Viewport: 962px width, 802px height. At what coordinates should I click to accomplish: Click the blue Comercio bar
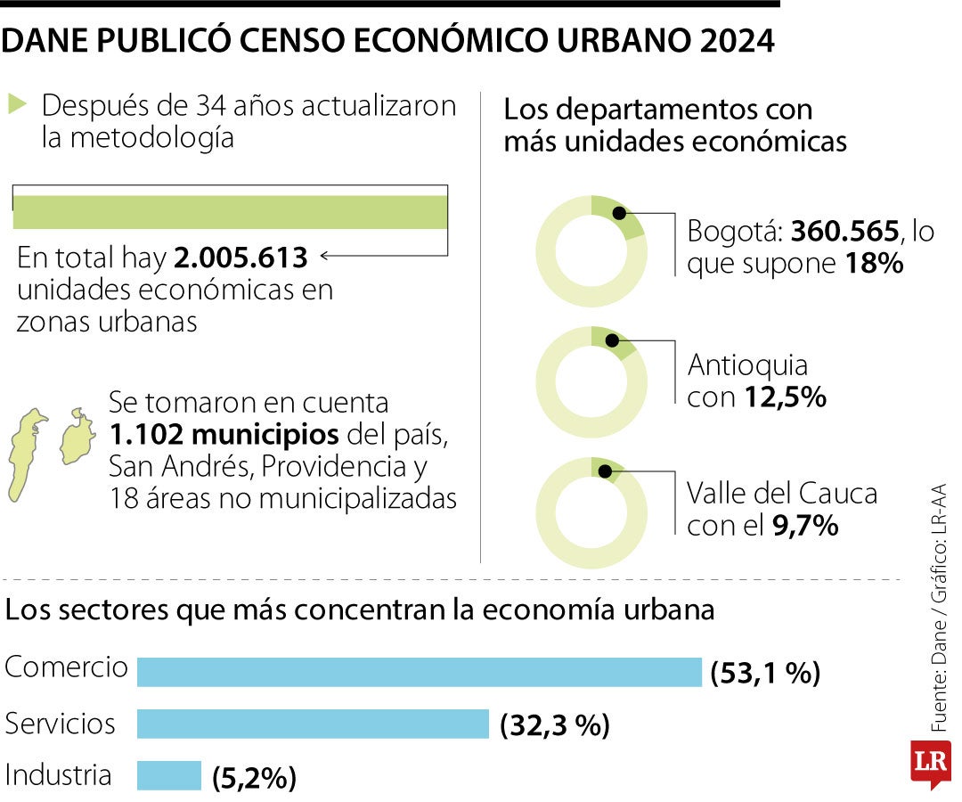click(419, 672)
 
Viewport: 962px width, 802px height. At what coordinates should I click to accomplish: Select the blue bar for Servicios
click(313, 724)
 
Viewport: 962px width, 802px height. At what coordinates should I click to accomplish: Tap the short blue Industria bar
click(169, 775)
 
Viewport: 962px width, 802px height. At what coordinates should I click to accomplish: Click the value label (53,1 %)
click(764, 673)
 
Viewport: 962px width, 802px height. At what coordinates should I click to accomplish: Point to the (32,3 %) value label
click(554, 725)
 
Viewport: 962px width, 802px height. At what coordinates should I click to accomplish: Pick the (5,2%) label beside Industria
click(254, 778)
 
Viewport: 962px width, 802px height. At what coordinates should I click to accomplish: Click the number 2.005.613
click(241, 258)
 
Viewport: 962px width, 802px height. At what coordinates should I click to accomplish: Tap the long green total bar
click(230, 212)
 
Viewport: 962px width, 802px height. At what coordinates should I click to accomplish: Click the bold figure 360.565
click(844, 232)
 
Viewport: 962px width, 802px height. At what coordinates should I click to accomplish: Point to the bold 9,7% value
click(805, 526)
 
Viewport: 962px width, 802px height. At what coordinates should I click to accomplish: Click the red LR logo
click(930, 764)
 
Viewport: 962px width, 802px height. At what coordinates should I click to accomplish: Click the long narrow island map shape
click(26, 454)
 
